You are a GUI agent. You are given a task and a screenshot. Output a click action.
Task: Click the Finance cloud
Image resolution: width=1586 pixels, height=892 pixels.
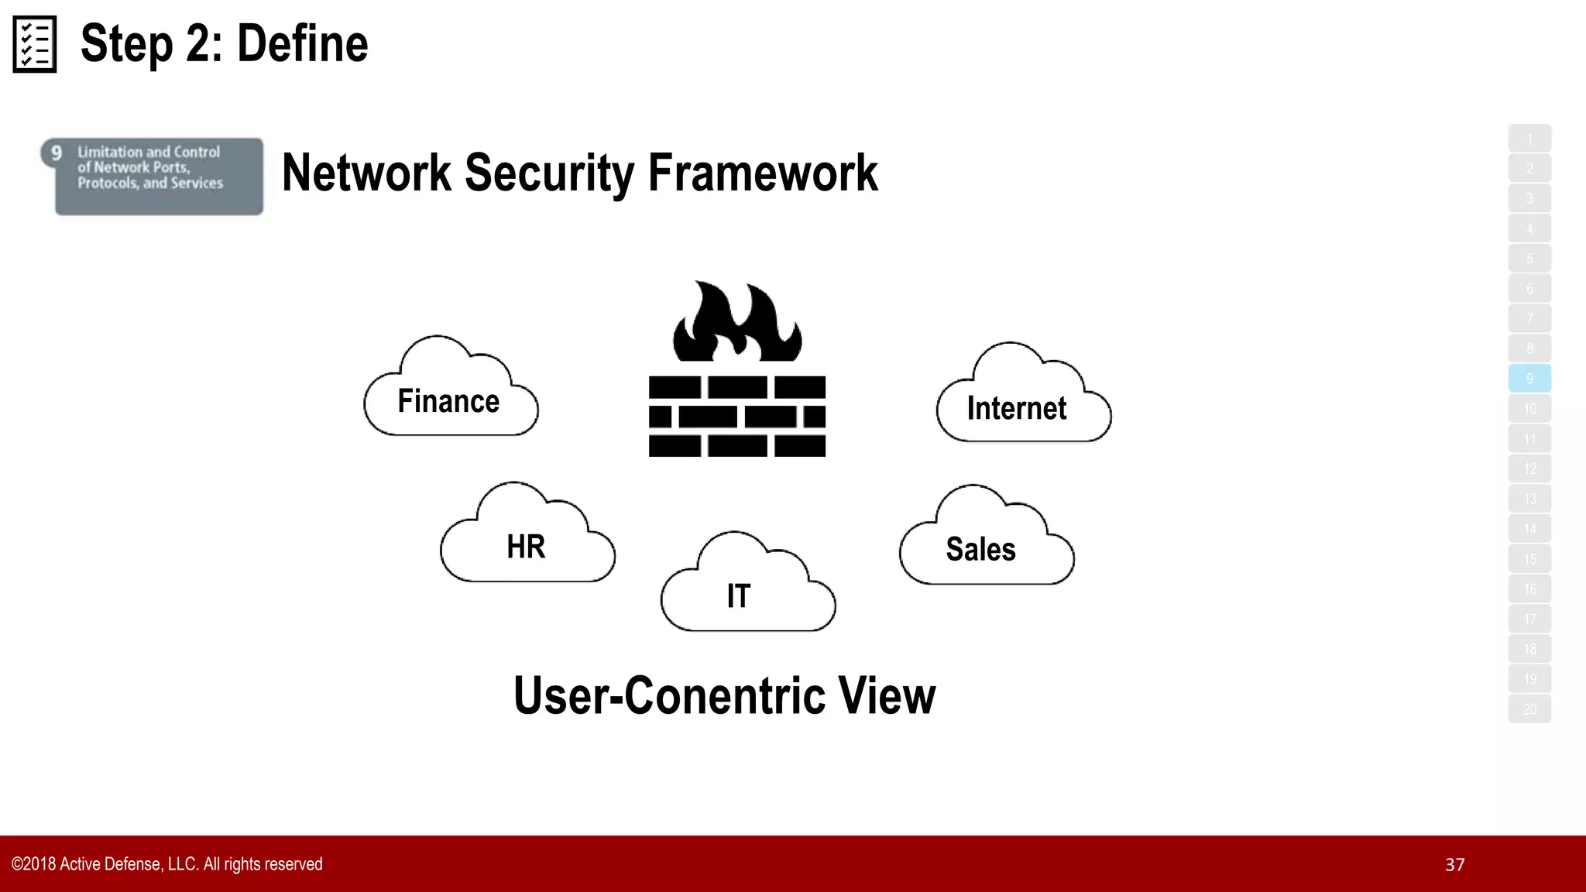point(450,395)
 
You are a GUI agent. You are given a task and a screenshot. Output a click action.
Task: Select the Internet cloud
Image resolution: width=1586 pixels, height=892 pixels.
point(1022,401)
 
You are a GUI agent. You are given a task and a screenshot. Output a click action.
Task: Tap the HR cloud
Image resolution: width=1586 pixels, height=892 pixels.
point(527,540)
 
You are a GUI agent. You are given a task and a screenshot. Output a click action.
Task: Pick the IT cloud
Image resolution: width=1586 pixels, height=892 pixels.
point(747,589)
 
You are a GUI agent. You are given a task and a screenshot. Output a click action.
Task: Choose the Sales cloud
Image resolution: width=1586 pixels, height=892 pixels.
point(986,543)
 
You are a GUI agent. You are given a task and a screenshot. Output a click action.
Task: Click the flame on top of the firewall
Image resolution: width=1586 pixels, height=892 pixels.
point(736,324)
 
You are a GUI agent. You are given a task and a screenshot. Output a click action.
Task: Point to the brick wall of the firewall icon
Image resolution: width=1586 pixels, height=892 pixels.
point(736,417)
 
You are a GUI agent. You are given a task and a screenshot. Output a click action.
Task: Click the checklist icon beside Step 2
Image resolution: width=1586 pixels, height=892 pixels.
point(35,44)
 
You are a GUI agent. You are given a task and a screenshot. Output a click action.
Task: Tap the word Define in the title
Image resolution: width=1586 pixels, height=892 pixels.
point(302,44)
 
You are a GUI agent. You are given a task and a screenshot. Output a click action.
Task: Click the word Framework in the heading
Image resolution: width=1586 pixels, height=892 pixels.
point(763,173)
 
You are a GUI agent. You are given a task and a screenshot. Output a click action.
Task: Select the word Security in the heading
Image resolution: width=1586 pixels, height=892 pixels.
point(549,173)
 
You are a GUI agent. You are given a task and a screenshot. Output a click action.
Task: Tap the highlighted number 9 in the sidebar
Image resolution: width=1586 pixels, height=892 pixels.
point(1529,379)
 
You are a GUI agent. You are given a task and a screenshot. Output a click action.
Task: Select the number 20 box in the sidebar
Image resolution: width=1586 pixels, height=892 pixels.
point(1529,709)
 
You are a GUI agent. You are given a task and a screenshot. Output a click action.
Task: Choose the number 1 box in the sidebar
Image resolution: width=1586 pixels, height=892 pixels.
point(1529,139)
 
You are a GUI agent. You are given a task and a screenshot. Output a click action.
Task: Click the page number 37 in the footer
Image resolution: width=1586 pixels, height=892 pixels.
point(1454,865)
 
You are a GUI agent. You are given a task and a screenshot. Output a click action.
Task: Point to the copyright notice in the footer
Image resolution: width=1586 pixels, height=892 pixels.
point(167,864)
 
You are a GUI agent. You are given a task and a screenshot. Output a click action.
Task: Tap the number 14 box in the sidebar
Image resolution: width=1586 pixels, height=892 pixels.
point(1529,529)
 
